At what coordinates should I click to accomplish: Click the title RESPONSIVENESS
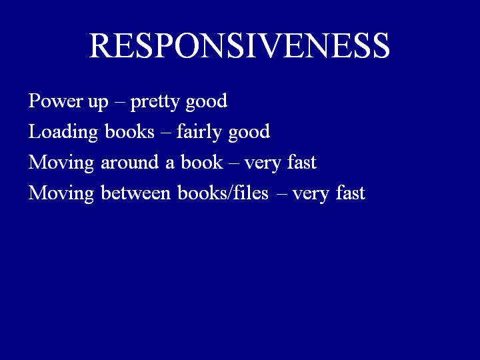pos(239,45)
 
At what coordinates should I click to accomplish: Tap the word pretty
pos(155,102)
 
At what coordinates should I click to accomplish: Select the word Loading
pos(63,132)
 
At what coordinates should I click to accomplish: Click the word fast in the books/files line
pos(351,192)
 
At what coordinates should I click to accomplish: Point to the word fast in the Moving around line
pos(302,161)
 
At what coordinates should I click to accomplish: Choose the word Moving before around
pos(61,163)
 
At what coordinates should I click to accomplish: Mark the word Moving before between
pos(61,193)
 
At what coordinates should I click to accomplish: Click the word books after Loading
pos(129,131)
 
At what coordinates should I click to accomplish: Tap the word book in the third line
pos(202,161)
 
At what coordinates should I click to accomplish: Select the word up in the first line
pos(98,103)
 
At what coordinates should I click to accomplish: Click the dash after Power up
pos(119,102)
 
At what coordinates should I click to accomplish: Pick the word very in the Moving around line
pos(263,165)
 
